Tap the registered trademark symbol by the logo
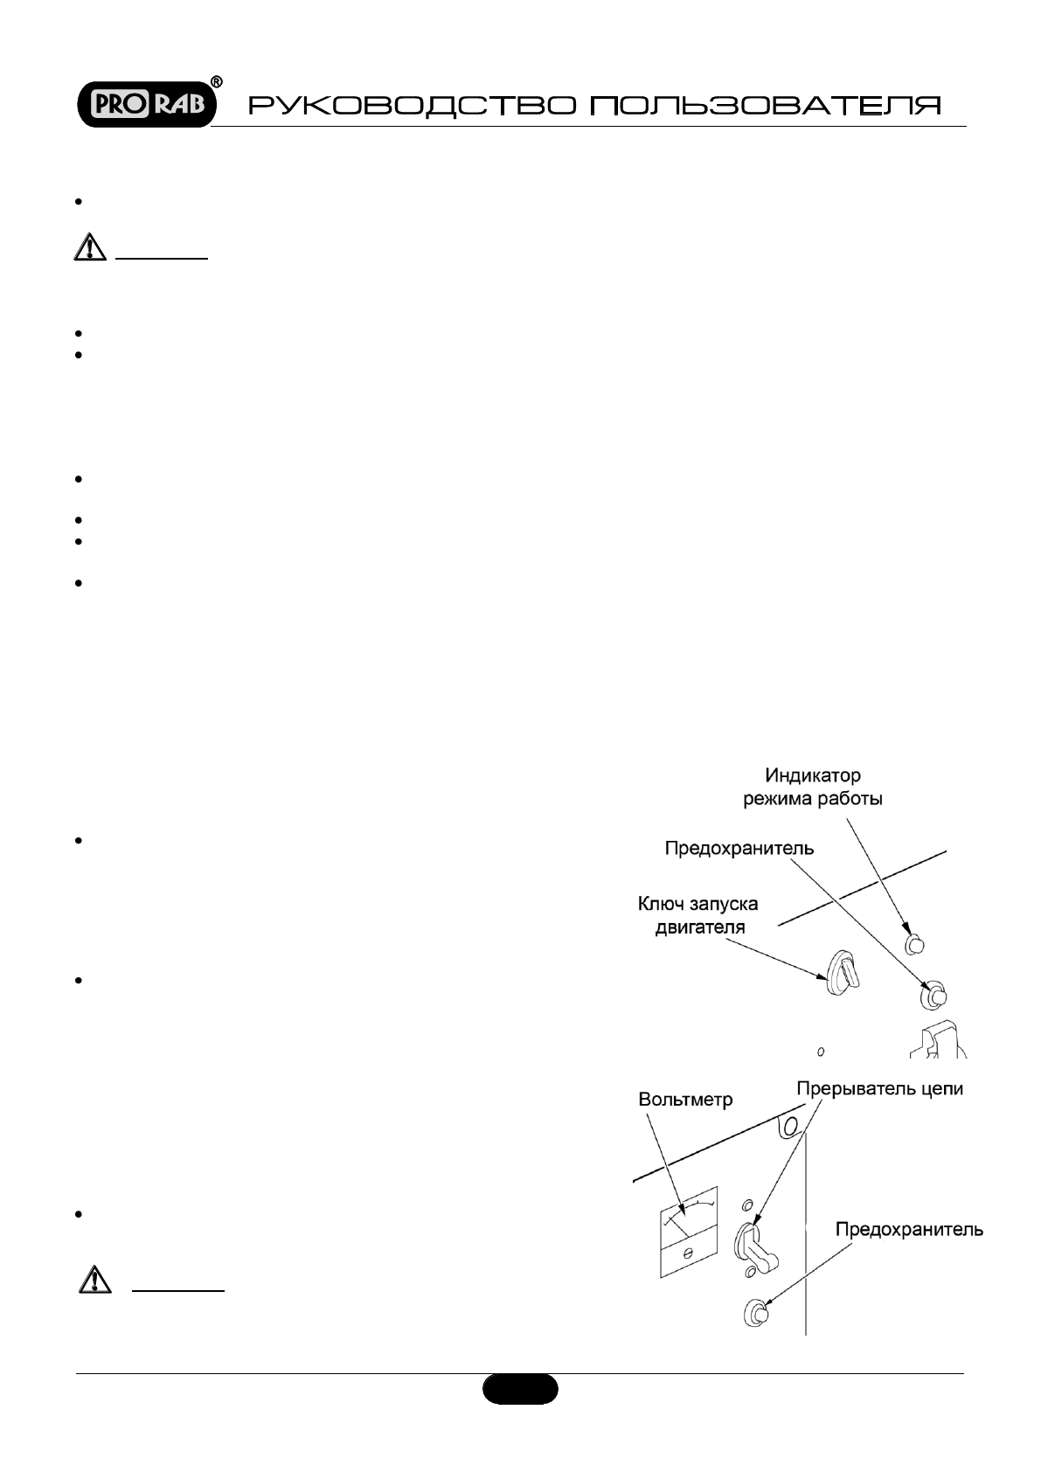217,82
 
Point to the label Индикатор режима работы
812,787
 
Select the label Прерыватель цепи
880,1090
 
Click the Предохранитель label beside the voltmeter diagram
909,1230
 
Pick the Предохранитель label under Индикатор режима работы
739,848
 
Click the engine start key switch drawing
839,970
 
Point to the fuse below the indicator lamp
933,995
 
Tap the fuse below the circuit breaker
756,1313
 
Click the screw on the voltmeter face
688,1253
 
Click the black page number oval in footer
520,1388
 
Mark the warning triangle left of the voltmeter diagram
91,1281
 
